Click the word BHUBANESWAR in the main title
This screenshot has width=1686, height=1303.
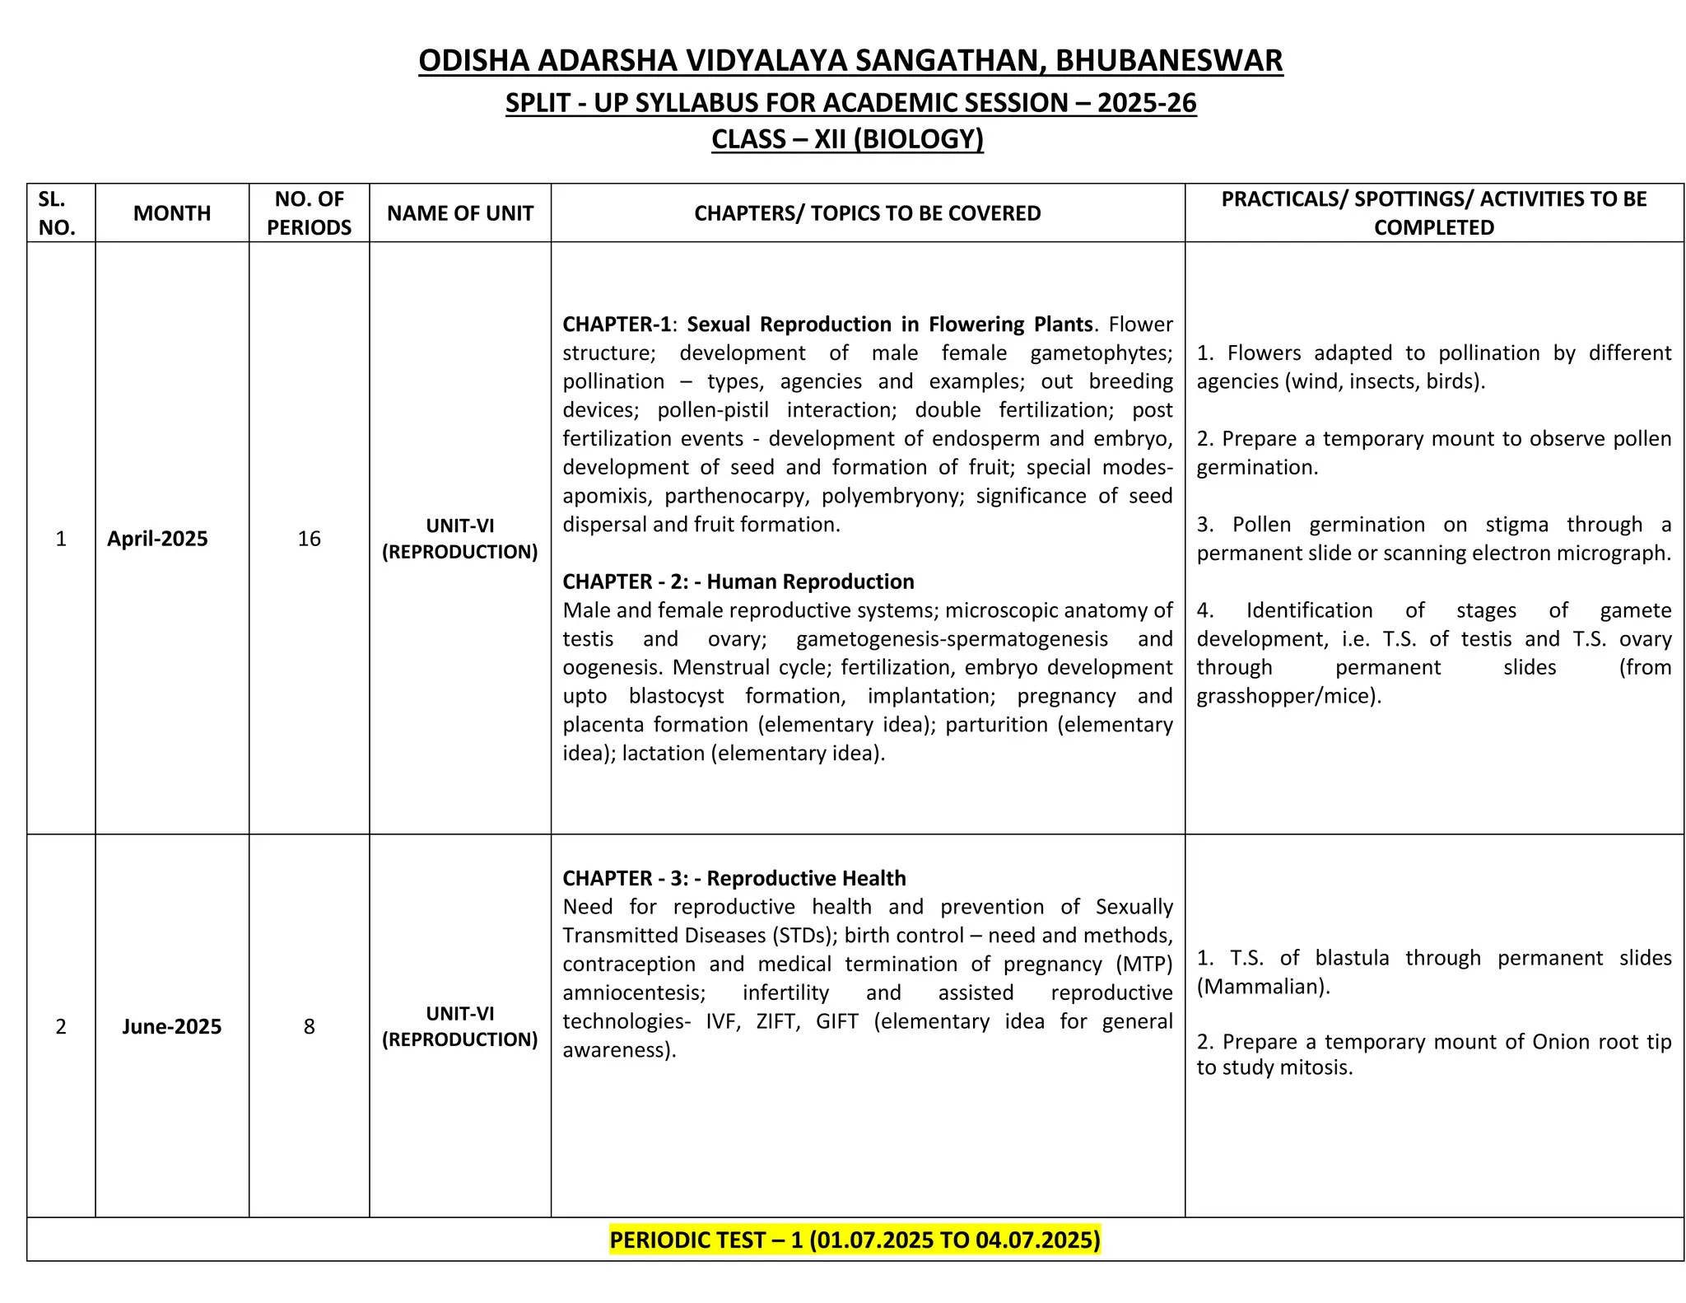point(1168,61)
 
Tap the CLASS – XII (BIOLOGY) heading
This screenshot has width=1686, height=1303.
point(847,139)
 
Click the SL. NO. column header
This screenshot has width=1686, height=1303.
point(57,213)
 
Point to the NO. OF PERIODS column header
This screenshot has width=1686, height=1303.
point(309,213)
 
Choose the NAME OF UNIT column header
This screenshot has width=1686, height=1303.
point(460,213)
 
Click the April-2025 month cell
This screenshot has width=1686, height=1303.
point(157,539)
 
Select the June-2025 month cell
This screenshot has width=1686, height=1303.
point(171,1026)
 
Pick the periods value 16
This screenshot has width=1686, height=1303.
point(309,539)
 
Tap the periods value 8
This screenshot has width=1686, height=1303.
point(309,1026)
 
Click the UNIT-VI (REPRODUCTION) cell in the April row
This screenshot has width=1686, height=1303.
point(460,539)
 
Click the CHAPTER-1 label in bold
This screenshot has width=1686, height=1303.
point(617,325)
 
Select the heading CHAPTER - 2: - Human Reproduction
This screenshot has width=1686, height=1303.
point(738,581)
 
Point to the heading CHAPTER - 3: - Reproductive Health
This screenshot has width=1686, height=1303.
point(734,878)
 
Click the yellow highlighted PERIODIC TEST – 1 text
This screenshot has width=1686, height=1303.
point(855,1240)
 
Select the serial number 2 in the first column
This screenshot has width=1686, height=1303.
point(60,1026)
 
